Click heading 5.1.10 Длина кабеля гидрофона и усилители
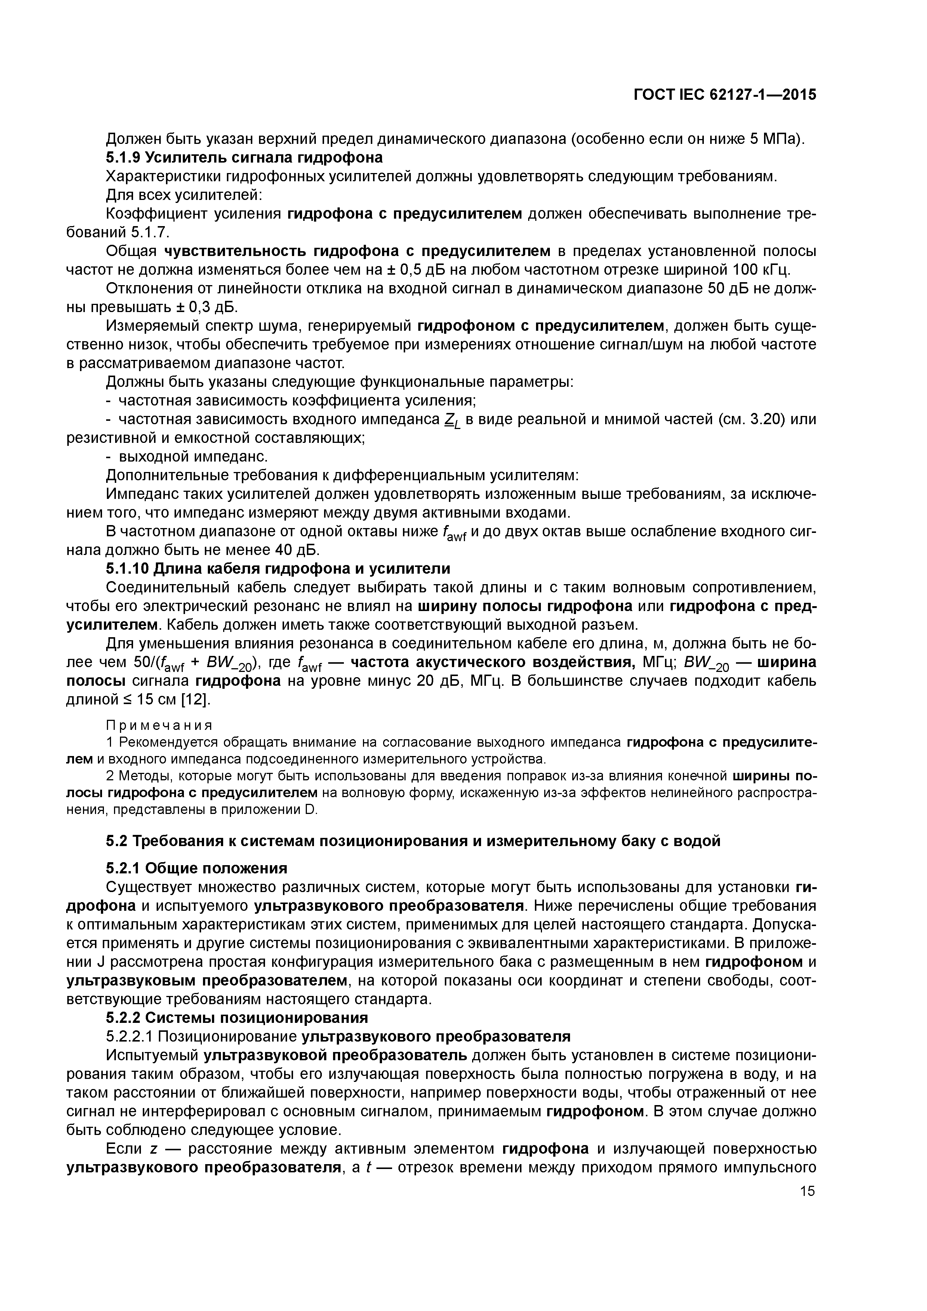278,569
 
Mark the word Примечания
159,725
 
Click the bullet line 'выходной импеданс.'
187,457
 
